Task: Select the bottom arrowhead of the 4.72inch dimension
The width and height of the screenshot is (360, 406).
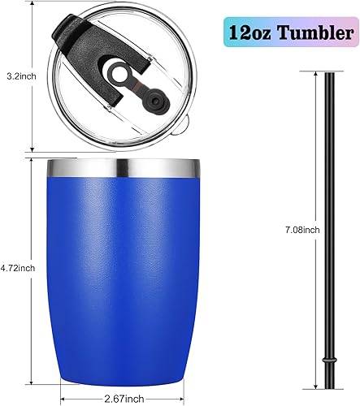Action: tap(31, 382)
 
